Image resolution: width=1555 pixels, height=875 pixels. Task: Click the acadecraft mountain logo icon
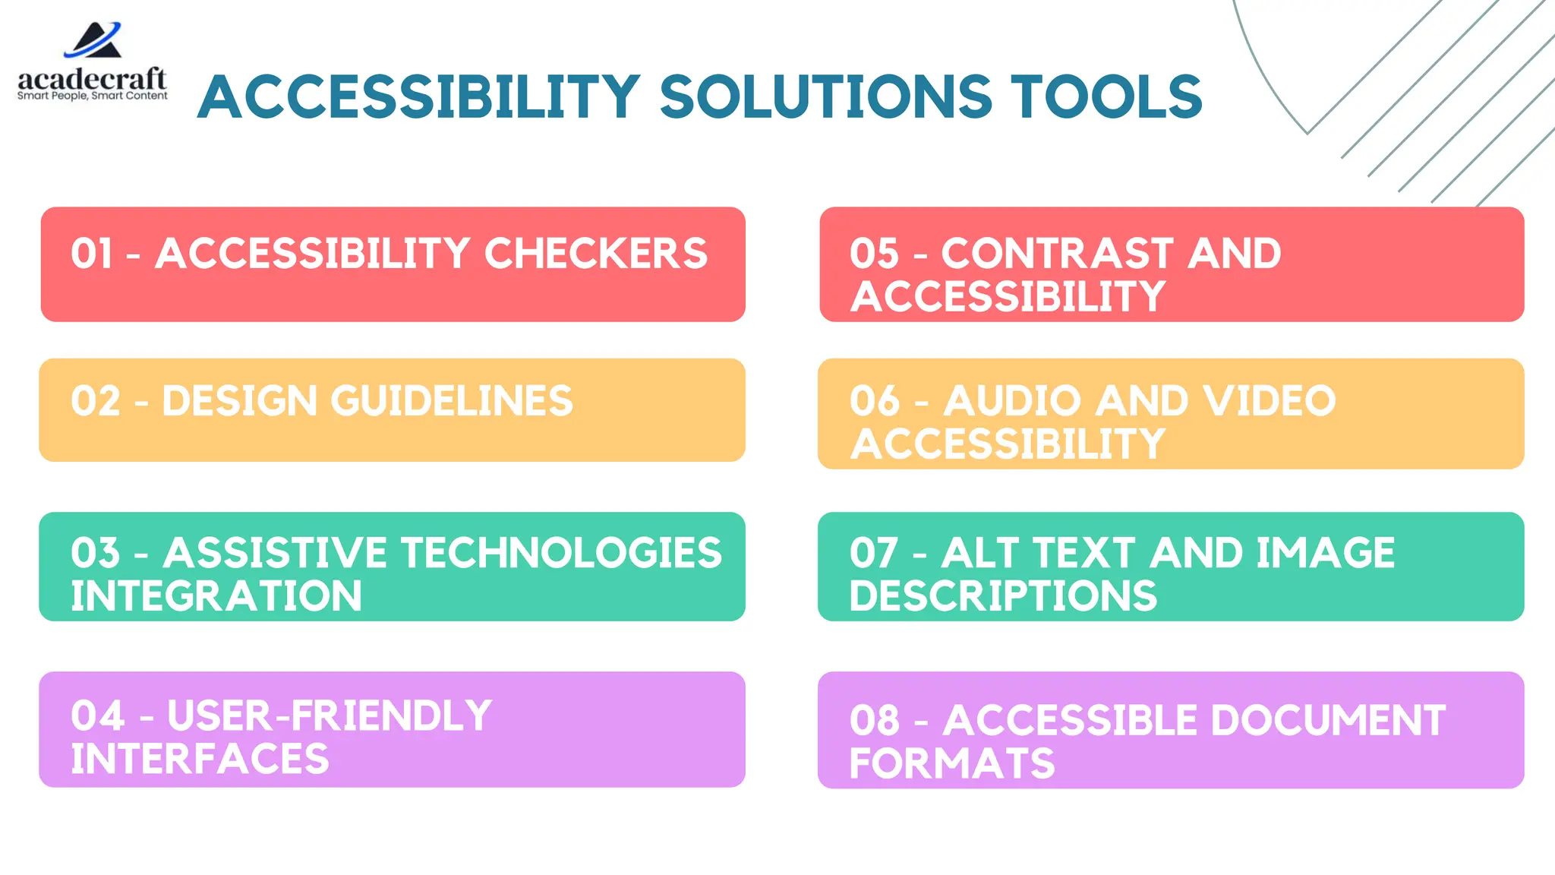pos(93,41)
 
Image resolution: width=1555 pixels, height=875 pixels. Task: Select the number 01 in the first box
pos(92,254)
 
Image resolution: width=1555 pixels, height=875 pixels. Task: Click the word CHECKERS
pos(595,254)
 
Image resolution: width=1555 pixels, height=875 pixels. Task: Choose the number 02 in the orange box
pos(96,401)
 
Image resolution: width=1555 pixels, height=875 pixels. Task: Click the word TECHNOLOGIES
pos(561,553)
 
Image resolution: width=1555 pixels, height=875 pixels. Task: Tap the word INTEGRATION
pos(216,596)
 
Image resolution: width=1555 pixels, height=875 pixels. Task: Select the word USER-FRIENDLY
pos(330,715)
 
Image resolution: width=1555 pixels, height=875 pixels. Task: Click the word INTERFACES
pos(200,759)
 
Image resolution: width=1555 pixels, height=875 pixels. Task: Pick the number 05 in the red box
pos(874,254)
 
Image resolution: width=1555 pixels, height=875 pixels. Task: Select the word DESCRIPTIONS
pos(1003,596)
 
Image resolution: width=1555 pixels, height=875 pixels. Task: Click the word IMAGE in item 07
pos(1325,553)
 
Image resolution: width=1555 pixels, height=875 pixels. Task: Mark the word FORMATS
pos(952,764)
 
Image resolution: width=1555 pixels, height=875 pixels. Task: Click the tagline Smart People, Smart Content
pos(93,96)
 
